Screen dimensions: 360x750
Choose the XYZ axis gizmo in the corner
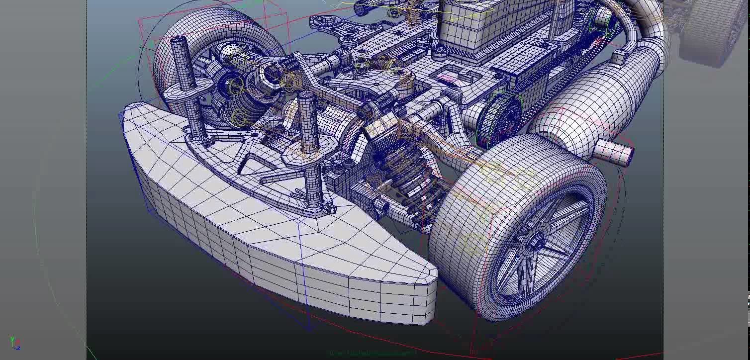click(15, 343)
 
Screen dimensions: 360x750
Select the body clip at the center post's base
click(326, 208)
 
